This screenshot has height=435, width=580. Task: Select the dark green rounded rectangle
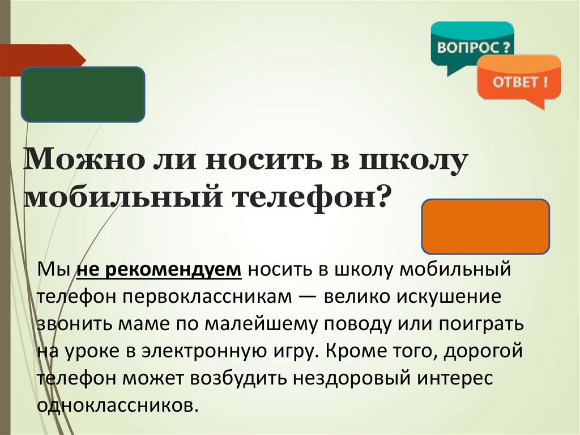pyautogui.click(x=83, y=94)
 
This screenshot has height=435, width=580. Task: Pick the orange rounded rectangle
pyautogui.click(x=485, y=226)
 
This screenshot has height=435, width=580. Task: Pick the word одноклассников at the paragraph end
pyautogui.click(x=117, y=406)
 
